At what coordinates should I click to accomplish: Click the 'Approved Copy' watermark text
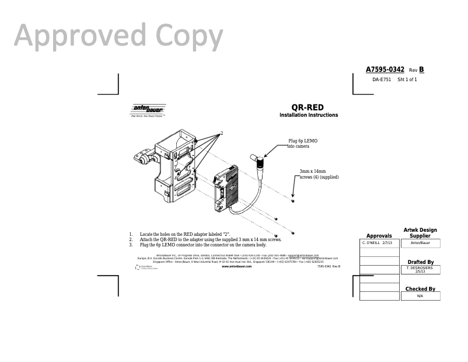(118, 36)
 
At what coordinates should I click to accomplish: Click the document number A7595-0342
(385, 69)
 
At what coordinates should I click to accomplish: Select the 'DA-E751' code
(382, 79)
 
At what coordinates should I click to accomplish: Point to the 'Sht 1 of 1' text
(407, 79)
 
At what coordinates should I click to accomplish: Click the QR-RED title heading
(308, 107)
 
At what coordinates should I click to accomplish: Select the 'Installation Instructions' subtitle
(309, 115)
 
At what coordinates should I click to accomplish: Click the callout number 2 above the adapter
(222, 133)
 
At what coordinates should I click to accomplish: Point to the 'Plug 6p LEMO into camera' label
(302, 143)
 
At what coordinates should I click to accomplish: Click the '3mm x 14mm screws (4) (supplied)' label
(319, 174)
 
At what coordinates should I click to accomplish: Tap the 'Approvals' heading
(379, 236)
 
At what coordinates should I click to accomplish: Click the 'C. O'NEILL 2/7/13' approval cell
(379, 242)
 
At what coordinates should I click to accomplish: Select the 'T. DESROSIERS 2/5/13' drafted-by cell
(420, 269)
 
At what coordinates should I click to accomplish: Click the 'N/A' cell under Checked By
(420, 296)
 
